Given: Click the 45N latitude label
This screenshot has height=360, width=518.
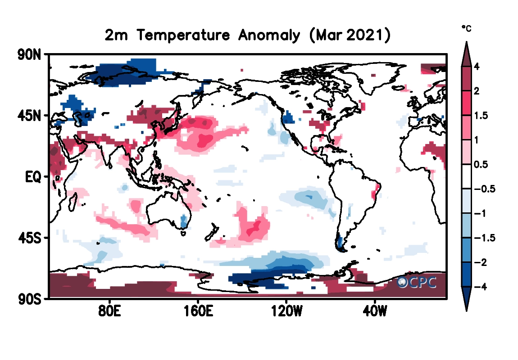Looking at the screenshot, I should click(x=29, y=116).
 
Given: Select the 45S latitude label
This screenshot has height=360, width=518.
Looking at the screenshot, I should click(x=29, y=237).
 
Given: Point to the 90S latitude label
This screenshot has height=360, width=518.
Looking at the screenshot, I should click(x=29, y=298).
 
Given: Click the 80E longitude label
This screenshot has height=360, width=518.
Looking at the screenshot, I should click(x=110, y=311).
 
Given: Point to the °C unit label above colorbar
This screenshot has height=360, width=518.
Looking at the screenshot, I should click(x=466, y=28).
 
